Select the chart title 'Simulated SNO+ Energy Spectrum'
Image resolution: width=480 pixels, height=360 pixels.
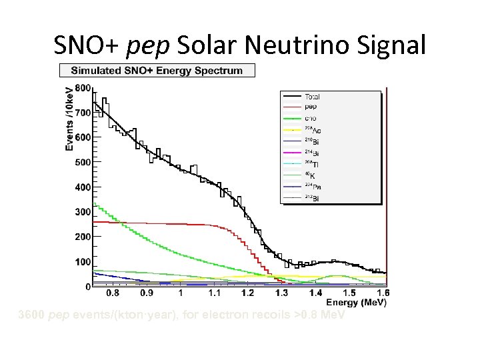(157, 71)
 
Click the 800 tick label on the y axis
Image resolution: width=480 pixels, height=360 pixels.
(83, 87)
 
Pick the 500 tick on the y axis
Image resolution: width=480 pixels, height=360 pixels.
(83, 162)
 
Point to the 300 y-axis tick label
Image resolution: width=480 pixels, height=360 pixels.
(83, 212)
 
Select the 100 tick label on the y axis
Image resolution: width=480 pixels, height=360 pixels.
(83, 262)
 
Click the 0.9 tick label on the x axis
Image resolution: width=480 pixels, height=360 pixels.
(146, 293)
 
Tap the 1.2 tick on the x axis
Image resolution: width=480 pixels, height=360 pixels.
(248, 293)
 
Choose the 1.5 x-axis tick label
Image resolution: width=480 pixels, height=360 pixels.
(349, 293)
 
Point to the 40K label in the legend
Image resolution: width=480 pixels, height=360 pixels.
(310, 176)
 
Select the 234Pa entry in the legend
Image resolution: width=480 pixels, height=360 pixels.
(311, 187)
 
